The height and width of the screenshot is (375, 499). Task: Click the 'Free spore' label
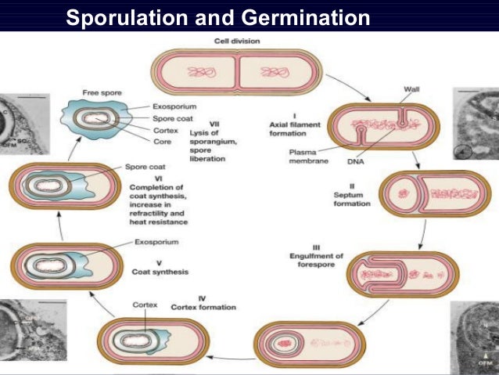click(x=101, y=93)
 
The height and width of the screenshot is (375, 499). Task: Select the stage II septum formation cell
click(x=427, y=193)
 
